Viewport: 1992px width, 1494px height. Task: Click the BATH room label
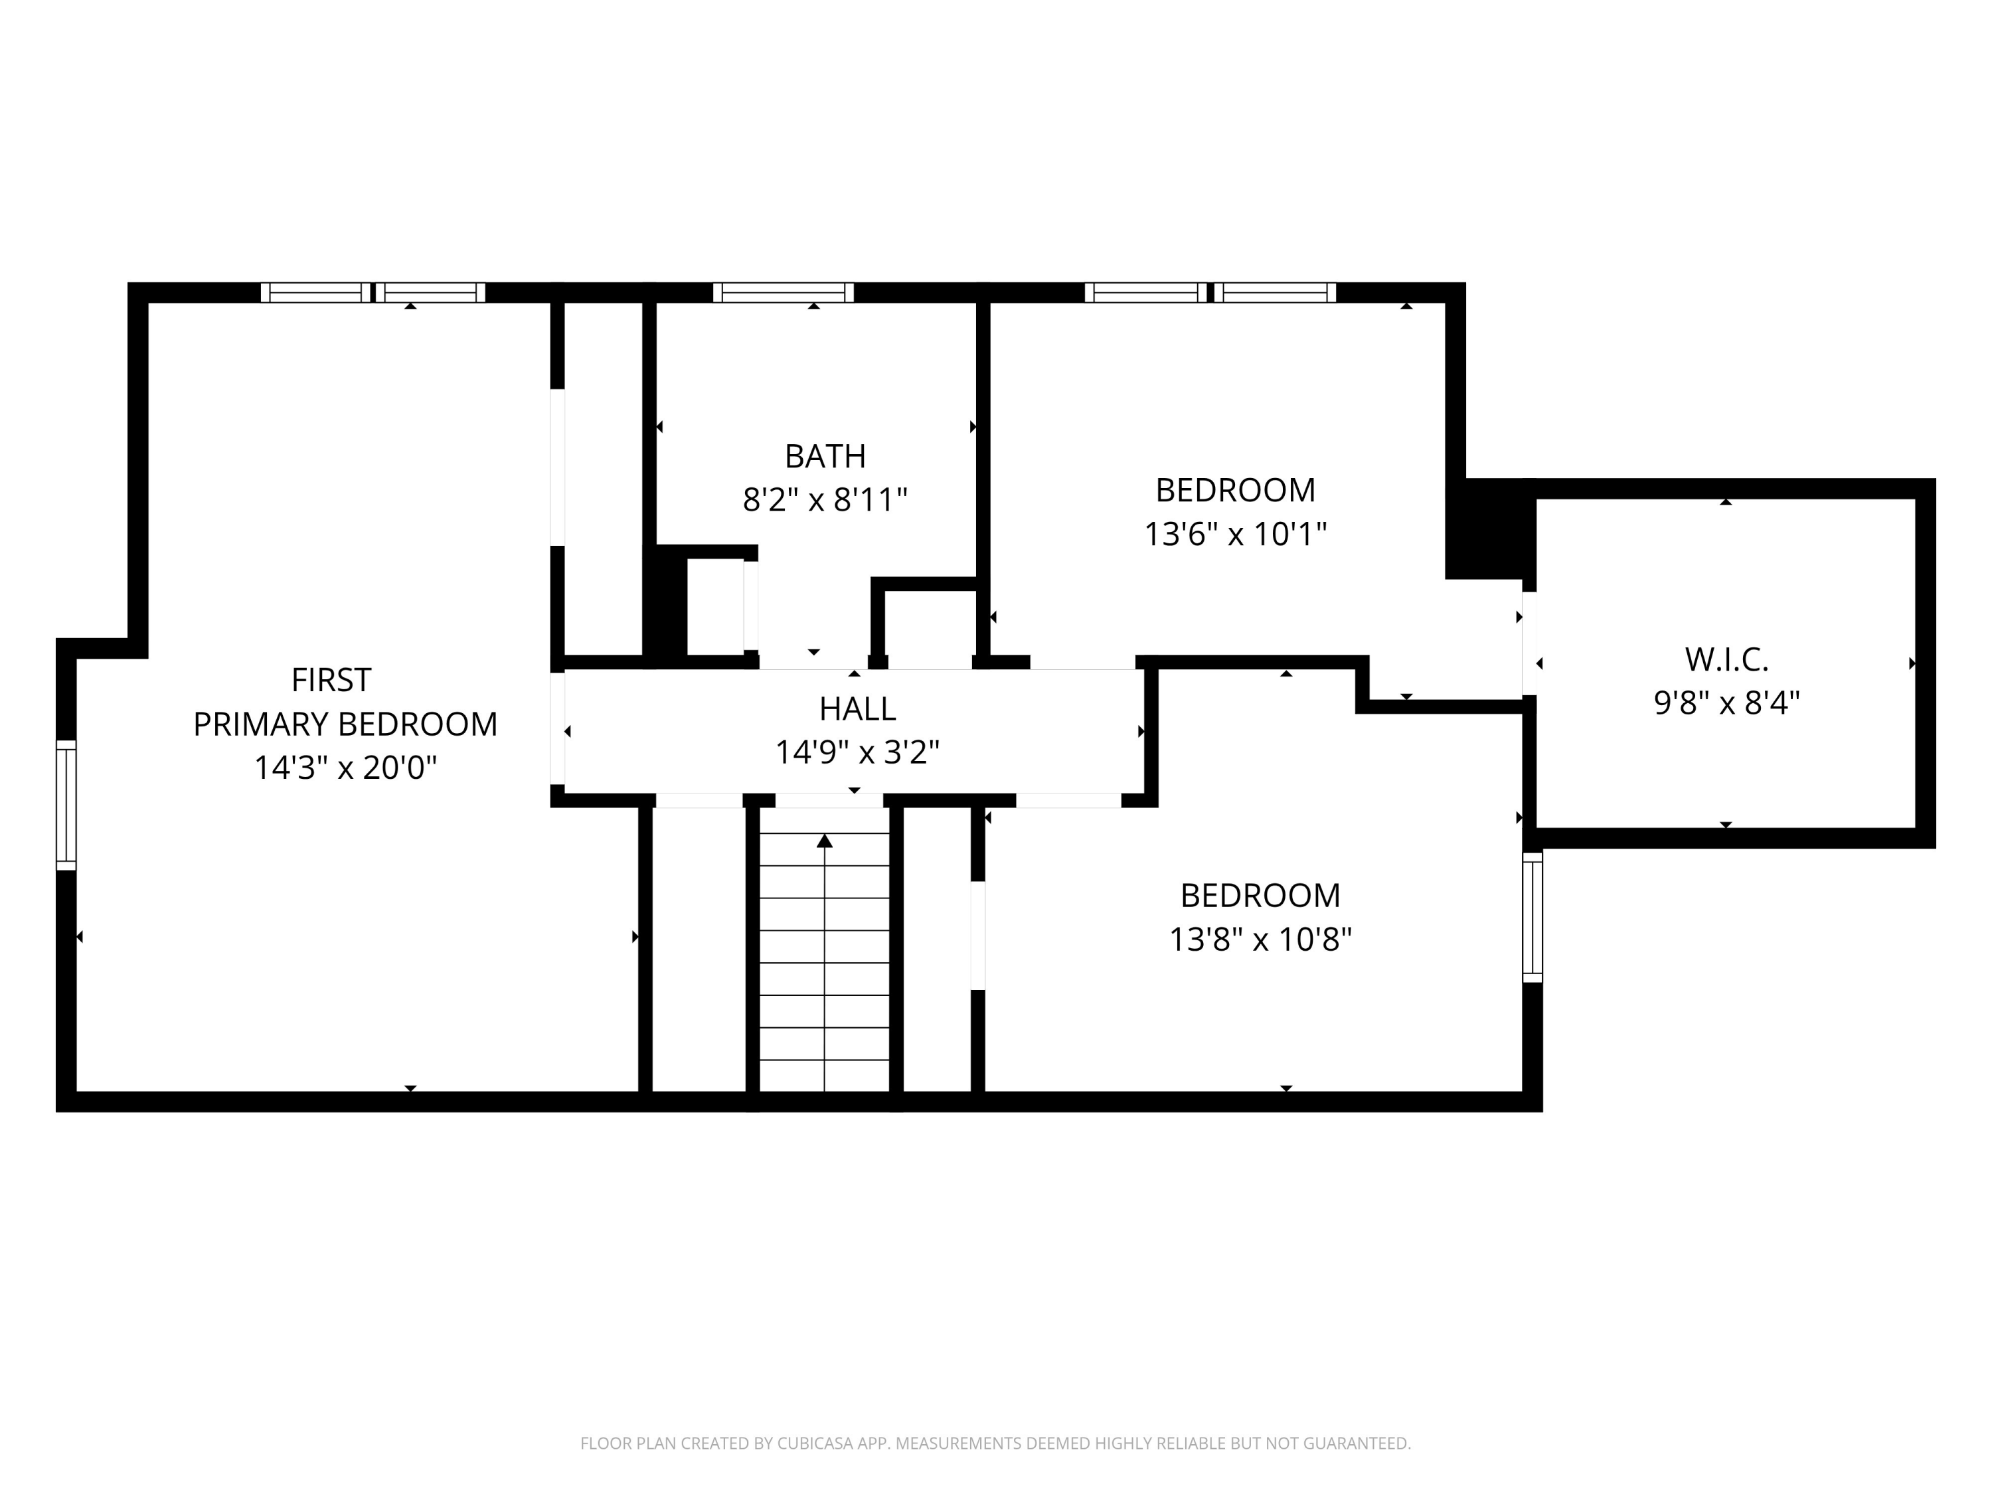(x=825, y=457)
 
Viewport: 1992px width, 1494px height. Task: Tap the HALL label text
(x=857, y=708)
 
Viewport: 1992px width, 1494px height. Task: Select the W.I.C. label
(x=1726, y=659)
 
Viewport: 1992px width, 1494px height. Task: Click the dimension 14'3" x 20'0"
(x=345, y=768)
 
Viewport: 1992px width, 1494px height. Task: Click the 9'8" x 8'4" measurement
(x=1726, y=702)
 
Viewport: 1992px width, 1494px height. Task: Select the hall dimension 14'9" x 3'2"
(x=857, y=751)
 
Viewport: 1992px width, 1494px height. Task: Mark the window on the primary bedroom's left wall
(x=66, y=805)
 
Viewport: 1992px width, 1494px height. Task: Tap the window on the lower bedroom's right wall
(x=1532, y=917)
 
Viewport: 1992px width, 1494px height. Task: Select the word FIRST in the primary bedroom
(x=331, y=680)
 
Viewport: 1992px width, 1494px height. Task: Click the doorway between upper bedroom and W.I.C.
(x=1529, y=643)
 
